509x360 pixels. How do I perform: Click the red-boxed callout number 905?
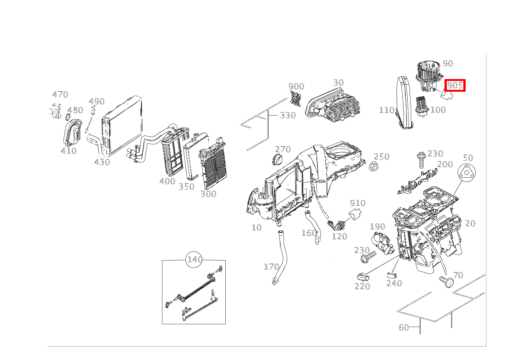(x=455, y=85)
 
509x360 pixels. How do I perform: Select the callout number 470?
(x=60, y=94)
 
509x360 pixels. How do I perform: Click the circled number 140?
(x=194, y=260)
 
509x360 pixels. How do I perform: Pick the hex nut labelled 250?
(x=373, y=167)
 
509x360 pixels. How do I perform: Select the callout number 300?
(x=208, y=194)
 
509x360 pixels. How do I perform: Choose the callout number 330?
(x=288, y=115)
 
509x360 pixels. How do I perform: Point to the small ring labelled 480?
(x=67, y=116)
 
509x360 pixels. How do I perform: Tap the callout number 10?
(x=256, y=228)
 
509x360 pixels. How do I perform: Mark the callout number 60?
(x=403, y=327)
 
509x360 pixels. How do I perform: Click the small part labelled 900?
(x=296, y=99)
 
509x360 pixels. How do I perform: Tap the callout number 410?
(x=69, y=151)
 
